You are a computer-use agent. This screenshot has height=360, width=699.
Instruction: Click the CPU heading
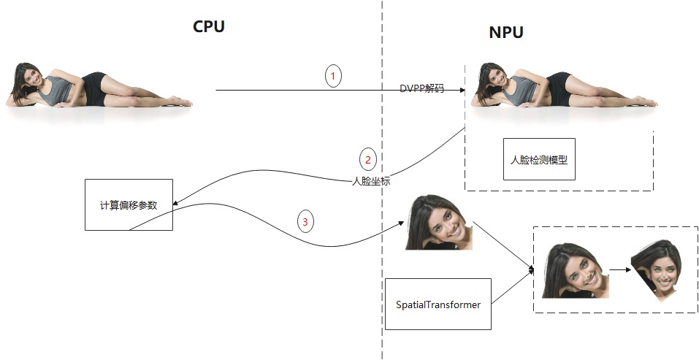click(208, 27)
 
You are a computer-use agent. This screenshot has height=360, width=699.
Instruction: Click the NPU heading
click(505, 33)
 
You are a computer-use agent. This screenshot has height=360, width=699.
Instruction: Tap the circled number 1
click(333, 75)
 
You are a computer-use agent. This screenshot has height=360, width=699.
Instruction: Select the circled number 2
click(368, 159)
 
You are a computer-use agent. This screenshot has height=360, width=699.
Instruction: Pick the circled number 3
click(305, 221)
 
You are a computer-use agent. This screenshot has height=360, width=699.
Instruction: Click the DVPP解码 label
click(421, 88)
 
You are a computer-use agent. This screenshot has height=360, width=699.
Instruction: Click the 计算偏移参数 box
click(129, 204)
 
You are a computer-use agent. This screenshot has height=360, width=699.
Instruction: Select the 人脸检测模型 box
click(539, 158)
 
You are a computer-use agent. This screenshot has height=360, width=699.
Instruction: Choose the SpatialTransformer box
click(438, 304)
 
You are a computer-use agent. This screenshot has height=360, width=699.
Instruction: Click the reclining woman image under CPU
click(99, 85)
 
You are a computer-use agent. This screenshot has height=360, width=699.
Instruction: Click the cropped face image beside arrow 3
click(439, 223)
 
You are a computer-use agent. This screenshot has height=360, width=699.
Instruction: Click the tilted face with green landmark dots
click(575, 271)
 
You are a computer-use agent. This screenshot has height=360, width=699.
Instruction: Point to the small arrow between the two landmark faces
click(620, 269)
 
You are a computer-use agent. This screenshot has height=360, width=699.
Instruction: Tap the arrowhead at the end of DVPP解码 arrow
click(462, 90)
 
